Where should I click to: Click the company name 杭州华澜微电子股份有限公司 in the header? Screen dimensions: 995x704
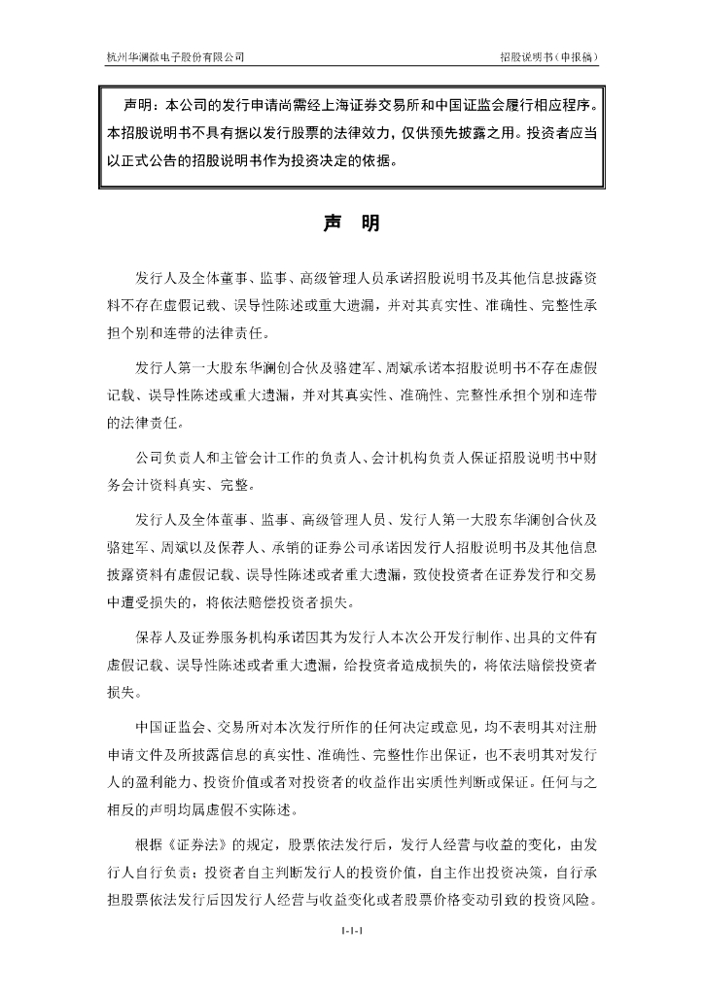tap(175, 56)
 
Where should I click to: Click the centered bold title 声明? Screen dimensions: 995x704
tap(351, 223)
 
